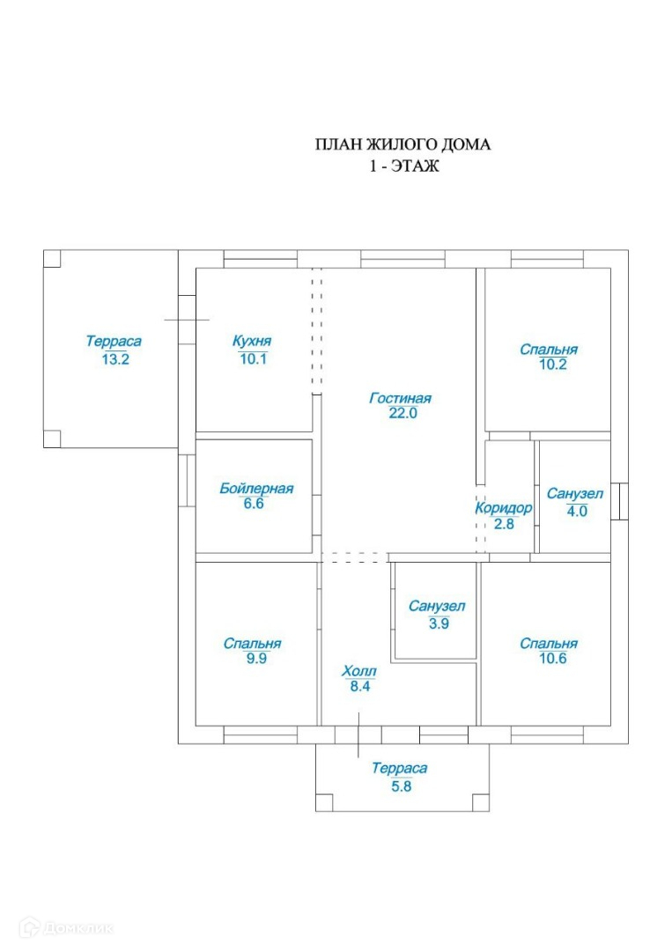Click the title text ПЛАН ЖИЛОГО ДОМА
(402, 144)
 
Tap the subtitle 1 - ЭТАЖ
(403, 165)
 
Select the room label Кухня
(252, 342)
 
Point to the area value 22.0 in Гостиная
(400, 413)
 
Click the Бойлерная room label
(256, 489)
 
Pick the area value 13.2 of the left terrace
(114, 358)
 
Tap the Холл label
(359, 672)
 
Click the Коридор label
(504, 508)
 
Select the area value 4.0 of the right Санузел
(576, 510)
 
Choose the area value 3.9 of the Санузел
(437, 623)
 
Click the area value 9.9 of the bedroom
(256, 659)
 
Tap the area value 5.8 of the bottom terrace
(402, 786)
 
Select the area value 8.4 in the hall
(359, 688)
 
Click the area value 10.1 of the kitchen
(253, 358)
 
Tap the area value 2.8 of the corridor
(504, 524)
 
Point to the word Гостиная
(400, 398)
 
